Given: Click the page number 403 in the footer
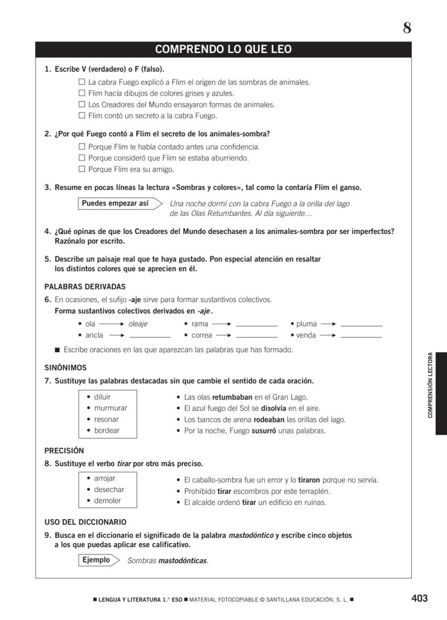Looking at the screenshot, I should (x=419, y=598).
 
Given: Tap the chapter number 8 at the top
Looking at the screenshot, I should (x=407, y=28).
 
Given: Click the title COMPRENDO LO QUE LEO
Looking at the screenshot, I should (x=223, y=50).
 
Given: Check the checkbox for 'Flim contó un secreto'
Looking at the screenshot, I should (x=82, y=116).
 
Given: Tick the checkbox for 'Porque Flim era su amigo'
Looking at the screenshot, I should (x=82, y=170).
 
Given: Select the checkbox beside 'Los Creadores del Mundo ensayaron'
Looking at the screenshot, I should (x=82, y=105).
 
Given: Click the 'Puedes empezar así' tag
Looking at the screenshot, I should (x=116, y=204).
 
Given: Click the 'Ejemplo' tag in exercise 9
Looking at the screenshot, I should (x=96, y=560).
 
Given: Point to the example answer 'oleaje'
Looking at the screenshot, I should (x=138, y=324).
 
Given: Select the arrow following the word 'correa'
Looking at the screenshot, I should (x=222, y=335).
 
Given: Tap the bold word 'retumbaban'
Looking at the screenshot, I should (x=232, y=397).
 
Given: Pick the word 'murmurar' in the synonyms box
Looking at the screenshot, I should (x=111, y=408).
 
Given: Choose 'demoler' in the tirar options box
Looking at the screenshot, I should (x=107, y=501).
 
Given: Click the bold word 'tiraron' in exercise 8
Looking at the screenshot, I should (x=309, y=480).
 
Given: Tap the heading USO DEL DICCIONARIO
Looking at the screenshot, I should (x=85, y=522).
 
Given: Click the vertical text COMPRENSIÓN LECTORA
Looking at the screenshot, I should (x=430, y=385).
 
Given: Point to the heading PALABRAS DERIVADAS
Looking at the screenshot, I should (x=85, y=287).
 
